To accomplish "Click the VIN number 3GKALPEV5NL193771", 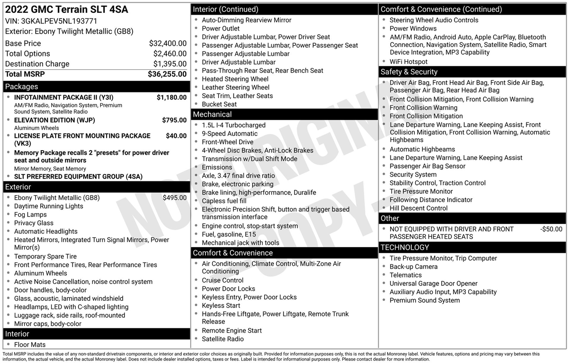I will [59, 21].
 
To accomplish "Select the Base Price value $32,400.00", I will [168, 44].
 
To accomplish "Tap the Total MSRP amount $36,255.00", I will [167, 74].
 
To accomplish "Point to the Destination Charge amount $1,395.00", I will [170, 64].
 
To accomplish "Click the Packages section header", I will [22, 87].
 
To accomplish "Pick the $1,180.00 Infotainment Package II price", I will [172, 97].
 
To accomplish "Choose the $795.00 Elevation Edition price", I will [174, 120].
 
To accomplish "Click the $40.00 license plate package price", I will [176, 136].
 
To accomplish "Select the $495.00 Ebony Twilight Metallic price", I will [174, 198].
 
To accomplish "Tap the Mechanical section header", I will [212, 115].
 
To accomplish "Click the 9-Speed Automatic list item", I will [229, 134].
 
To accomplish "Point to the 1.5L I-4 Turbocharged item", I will [233, 125].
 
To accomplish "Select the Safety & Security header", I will [409, 72].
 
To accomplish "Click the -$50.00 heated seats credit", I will [551, 229].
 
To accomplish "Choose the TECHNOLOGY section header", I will [405, 248].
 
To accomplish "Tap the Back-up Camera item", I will [413, 267].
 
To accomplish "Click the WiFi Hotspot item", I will [409, 62].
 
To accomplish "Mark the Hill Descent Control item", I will [418, 208].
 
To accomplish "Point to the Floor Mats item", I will [30, 344].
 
